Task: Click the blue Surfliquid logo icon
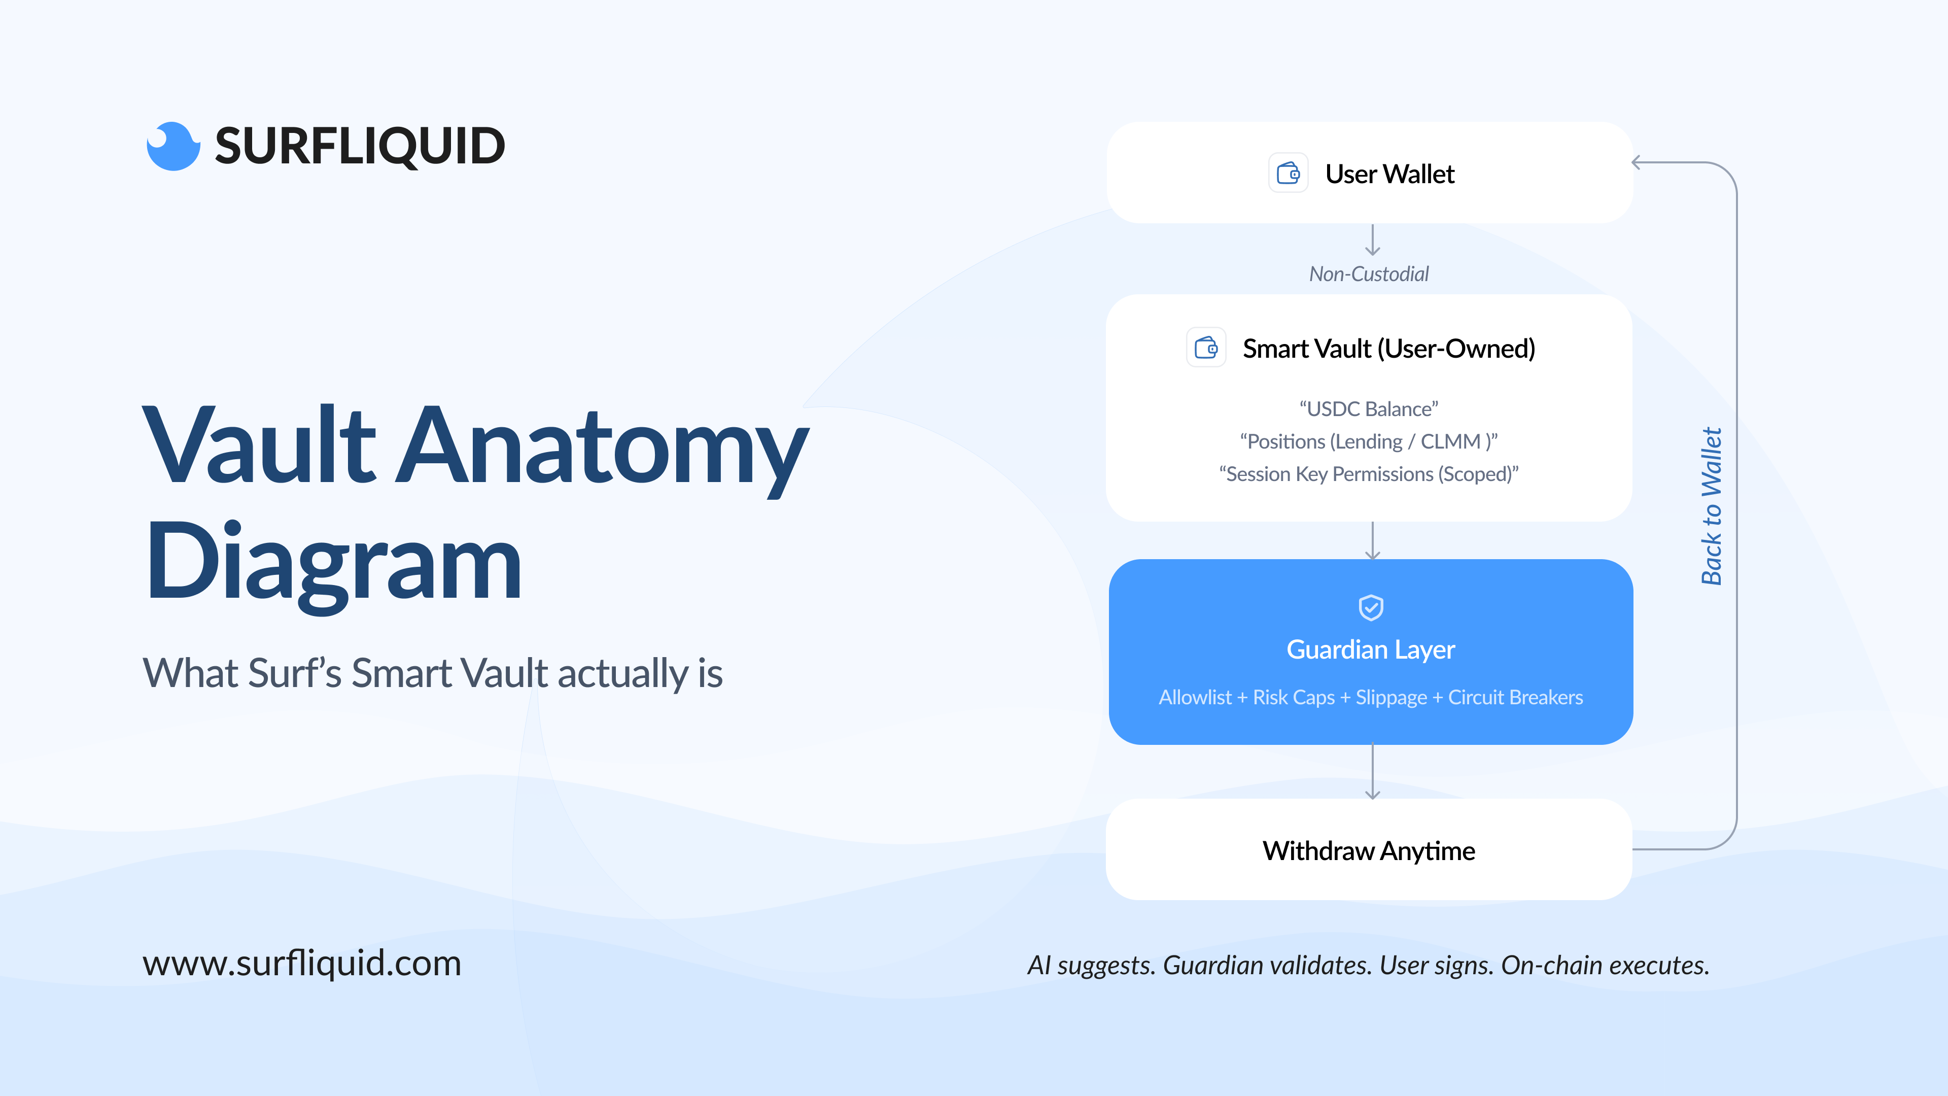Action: (173, 146)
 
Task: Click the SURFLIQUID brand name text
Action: (360, 146)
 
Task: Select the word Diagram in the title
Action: (333, 564)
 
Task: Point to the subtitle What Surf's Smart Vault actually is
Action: (433, 673)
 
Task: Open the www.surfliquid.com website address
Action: (302, 963)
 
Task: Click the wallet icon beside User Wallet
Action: (1288, 173)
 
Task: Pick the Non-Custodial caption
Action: (1369, 274)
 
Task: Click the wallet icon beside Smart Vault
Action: (1206, 348)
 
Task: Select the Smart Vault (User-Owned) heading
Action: (1389, 349)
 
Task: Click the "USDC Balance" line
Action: (1369, 409)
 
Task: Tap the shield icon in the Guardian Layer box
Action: (1371, 607)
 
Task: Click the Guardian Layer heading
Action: (1371, 649)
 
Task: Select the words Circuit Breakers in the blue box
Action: (1515, 697)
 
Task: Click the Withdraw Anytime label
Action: (1369, 851)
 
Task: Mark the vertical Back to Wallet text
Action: (1711, 506)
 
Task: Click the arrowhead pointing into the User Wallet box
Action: (1637, 162)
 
